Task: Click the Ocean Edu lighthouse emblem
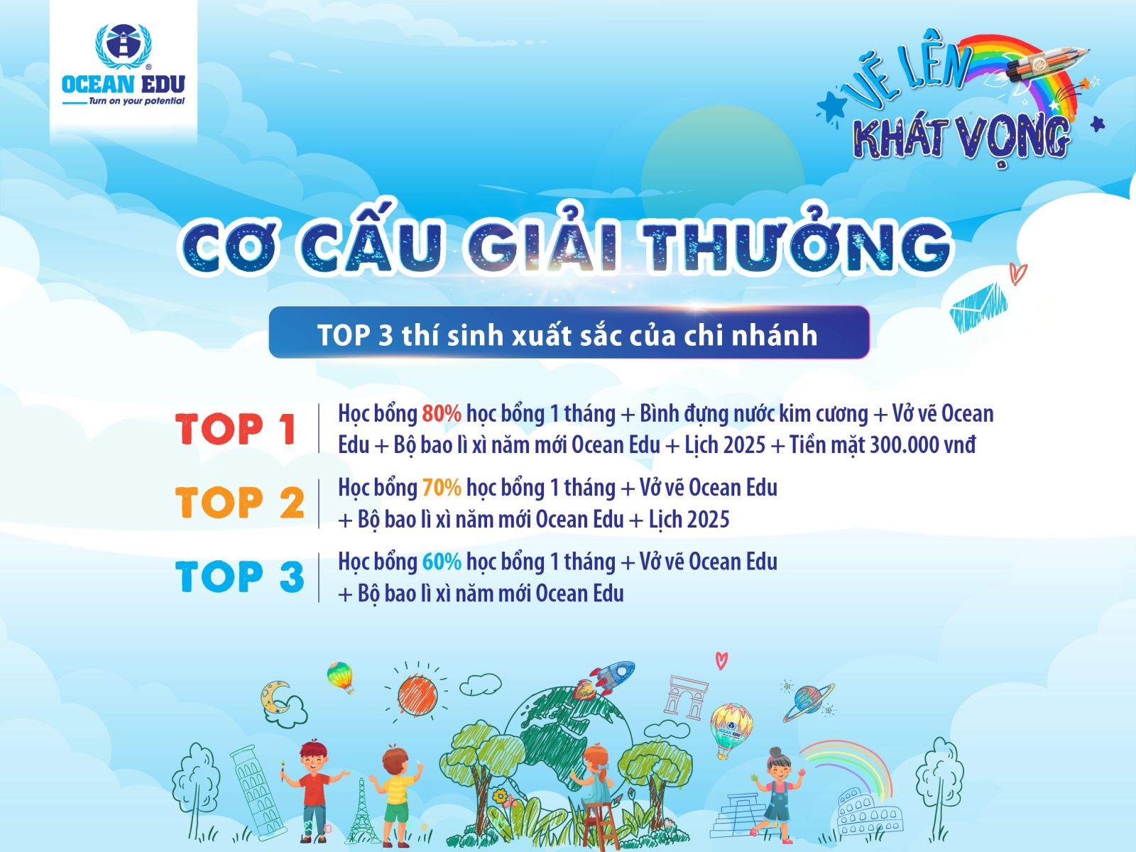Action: (123, 45)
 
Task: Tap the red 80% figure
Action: (442, 414)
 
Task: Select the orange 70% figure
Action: (442, 488)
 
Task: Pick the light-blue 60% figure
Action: (442, 562)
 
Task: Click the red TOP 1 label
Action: (236, 429)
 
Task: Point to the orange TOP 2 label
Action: (239, 502)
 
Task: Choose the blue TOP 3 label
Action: (239, 577)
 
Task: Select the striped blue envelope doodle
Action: (978, 307)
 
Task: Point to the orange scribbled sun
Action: (417, 697)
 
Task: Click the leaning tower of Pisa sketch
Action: (257, 792)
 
